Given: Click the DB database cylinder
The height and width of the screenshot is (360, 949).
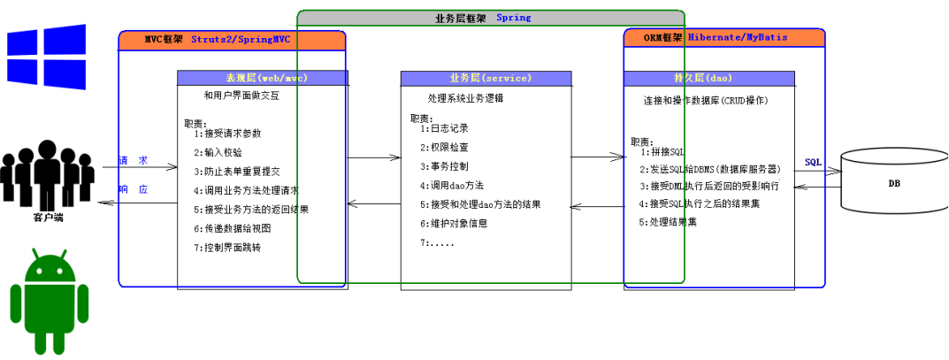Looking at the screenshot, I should point(893,183).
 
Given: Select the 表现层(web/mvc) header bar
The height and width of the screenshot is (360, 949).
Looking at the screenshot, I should point(262,78).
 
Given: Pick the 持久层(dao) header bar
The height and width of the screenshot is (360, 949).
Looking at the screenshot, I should point(709,78).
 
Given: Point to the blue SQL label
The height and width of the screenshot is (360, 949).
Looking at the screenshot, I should point(813,163).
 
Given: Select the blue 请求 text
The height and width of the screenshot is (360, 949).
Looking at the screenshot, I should point(134,161).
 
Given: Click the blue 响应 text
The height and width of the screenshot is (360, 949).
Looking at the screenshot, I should point(134,189).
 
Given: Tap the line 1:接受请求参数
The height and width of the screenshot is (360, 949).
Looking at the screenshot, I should point(228,134).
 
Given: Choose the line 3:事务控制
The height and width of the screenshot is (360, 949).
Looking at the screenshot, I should point(445,166).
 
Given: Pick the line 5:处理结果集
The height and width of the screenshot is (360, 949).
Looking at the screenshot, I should point(669,222).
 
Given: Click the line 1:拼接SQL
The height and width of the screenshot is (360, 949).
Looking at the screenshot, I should point(663,152).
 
